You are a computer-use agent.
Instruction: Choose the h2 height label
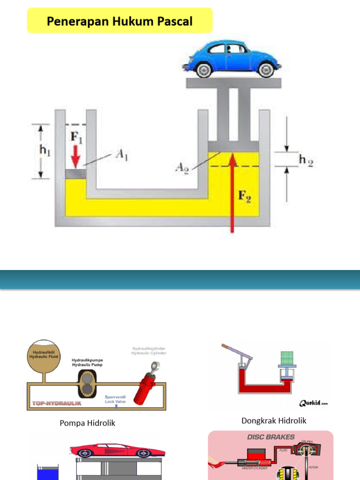(x=305, y=160)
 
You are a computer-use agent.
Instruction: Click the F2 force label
(x=244, y=196)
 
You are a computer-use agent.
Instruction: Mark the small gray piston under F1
(x=75, y=174)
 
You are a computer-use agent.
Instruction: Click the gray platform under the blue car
(x=233, y=83)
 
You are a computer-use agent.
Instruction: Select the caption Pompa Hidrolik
(x=87, y=423)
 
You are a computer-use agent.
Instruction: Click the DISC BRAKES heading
(x=271, y=437)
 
